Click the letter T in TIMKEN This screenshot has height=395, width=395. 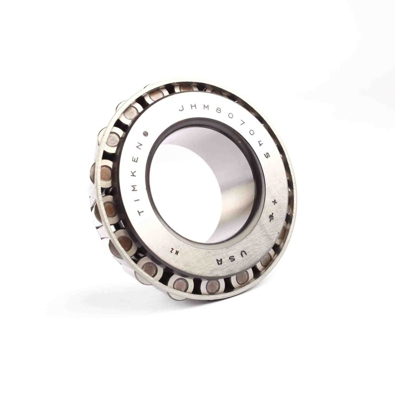141,212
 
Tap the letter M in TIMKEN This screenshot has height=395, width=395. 133,186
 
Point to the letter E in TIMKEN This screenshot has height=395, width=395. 136,159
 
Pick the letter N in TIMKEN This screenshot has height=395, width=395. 140,146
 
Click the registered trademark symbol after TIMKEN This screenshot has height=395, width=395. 145,135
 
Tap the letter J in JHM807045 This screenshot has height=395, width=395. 182,109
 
